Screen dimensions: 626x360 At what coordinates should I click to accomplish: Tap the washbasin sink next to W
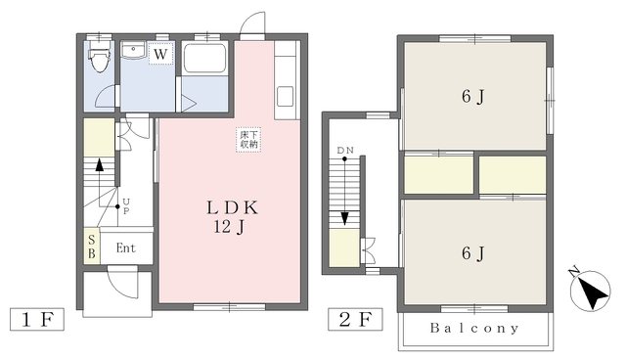tap(134, 50)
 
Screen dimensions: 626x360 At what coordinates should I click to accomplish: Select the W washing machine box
tap(160, 53)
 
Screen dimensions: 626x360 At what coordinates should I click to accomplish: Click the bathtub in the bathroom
tap(204, 58)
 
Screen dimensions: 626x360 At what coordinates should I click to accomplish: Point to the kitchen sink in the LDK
tap(285, 96)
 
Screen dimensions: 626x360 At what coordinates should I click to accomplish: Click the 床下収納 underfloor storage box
tap(248, 139)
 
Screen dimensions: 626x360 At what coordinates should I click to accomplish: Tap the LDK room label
tap(232, 207)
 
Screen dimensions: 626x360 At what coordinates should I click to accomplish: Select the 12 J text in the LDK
tap(229, 227)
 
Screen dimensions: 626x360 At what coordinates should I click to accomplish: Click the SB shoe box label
tap(92, 247)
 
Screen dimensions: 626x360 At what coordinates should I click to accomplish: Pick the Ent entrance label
tap(126, 247)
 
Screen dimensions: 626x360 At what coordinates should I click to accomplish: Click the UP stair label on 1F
tap(126, 206)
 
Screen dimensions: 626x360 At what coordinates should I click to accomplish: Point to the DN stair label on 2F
tap(345, 151)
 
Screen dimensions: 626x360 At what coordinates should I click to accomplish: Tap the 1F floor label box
tap(37, 319)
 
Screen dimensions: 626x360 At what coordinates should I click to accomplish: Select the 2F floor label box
tap(355, 319)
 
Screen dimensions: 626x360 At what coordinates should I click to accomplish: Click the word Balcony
tap(474, 328)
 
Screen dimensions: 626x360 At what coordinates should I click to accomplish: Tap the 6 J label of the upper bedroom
tap(473, 96)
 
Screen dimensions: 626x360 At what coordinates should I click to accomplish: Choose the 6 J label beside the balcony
tap(473, 253)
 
